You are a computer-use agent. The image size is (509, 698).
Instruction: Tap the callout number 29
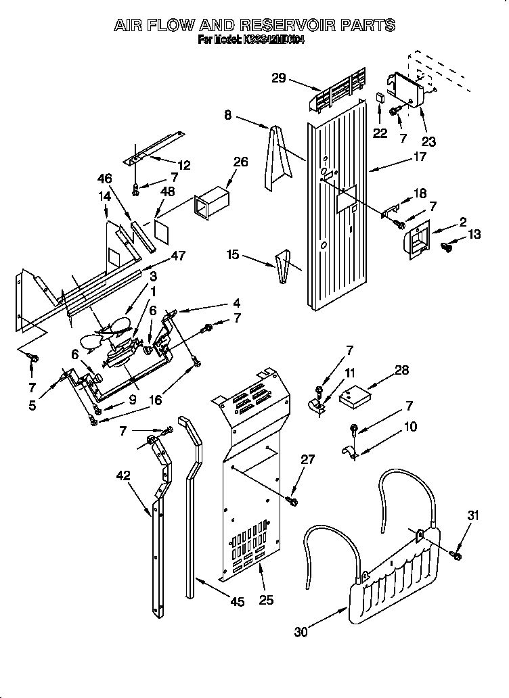[279, 78]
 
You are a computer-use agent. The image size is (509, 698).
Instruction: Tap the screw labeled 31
[457, 555]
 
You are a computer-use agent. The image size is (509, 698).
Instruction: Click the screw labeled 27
[292, 501]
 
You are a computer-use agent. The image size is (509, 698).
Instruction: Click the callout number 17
[420, 157]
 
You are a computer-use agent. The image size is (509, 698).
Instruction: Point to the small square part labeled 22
[380, 98]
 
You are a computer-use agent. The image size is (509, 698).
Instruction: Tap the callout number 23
[428, 141]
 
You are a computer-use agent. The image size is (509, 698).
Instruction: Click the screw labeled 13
[447, 246]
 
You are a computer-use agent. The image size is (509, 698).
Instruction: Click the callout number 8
[228, 116]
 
